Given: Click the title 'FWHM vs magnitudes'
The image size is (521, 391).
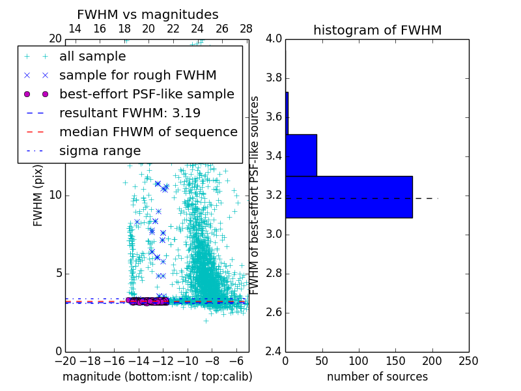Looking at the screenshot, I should [148, 15].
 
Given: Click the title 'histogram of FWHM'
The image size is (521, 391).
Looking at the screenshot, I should [377, 31].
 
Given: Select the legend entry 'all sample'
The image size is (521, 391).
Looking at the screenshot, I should [92, 57].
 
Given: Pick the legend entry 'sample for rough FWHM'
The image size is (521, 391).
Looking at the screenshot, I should [137, 76].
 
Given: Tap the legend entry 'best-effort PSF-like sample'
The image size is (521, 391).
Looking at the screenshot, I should [147, 94].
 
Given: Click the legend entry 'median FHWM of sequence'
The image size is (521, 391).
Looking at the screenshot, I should [148, 132].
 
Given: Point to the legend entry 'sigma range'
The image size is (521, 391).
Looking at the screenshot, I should [100, 151].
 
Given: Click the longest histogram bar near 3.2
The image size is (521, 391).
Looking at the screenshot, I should [349, 197].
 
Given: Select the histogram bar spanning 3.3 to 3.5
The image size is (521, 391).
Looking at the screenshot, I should [301, 155].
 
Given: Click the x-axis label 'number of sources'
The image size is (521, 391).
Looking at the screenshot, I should [377, 377].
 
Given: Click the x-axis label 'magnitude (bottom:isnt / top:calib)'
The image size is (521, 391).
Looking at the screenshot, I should [157, 377].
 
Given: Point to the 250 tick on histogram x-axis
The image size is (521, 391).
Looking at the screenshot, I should [468, 361].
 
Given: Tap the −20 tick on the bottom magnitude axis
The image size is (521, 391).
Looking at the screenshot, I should [65, 361].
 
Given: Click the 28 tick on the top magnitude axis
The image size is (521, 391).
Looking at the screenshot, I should [246, 29].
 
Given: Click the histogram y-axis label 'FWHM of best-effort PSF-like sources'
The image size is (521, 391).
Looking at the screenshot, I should [255, 195].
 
